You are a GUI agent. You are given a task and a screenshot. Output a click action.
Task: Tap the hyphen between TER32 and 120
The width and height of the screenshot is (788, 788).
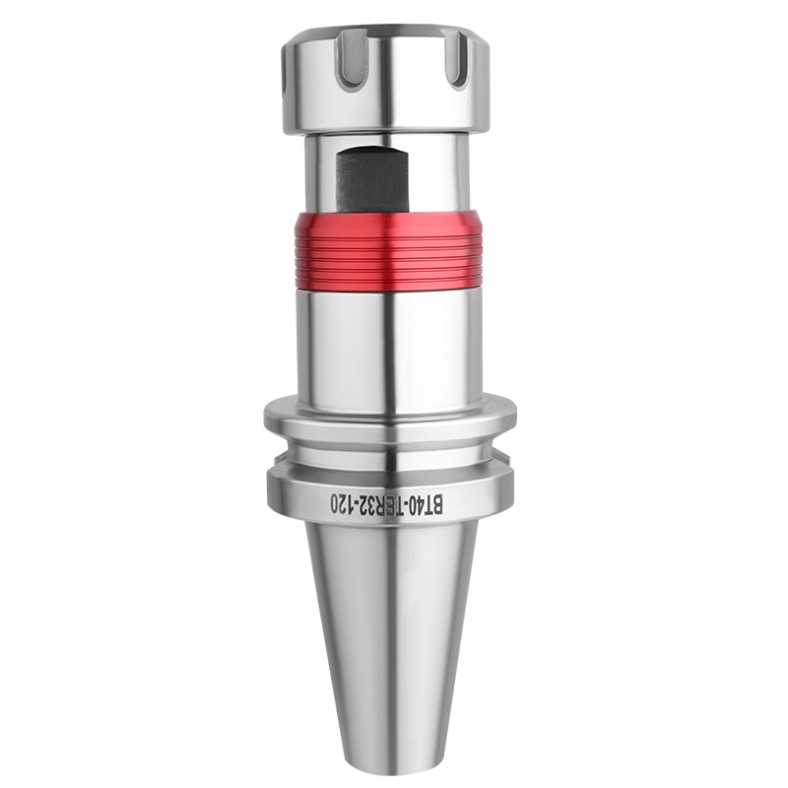pyautogui.click(x=358, y=503)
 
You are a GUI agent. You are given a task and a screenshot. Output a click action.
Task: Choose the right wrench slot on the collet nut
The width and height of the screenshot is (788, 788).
pyautogui.click(x=457, y=59)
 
